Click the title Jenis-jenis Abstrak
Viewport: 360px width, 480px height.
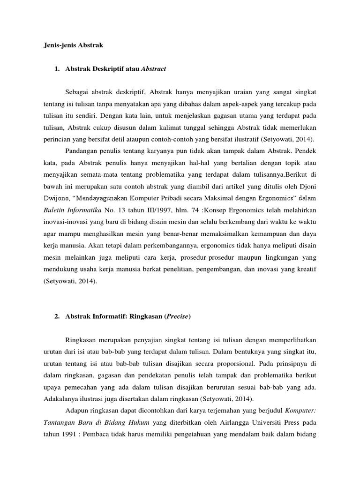pos(70,45)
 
